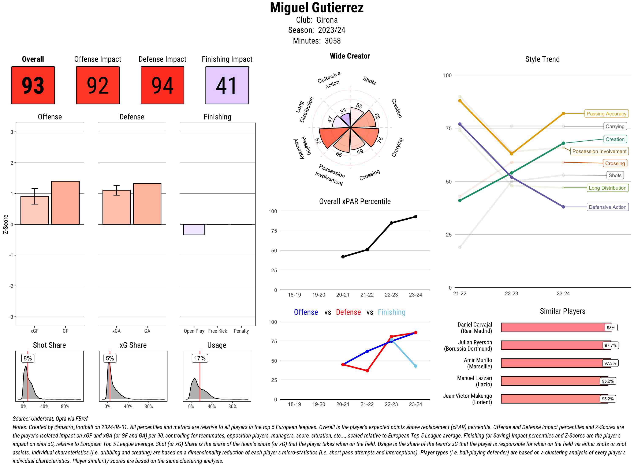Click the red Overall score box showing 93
[33, 85]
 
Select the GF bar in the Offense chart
[65, 203]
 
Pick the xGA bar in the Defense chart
[116, 207]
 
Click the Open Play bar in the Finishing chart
[194, 229]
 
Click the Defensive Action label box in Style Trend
[607, 207]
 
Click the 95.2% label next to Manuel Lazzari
[607, 381]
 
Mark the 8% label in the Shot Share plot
[27, 358]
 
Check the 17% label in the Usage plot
[199, 358]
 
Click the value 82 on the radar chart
[318, 141]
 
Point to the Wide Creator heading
[350, 56]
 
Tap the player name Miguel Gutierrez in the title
[317, 8]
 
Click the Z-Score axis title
[5, 224]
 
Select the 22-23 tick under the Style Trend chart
[511, 294]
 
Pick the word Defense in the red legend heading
[348, 312]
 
